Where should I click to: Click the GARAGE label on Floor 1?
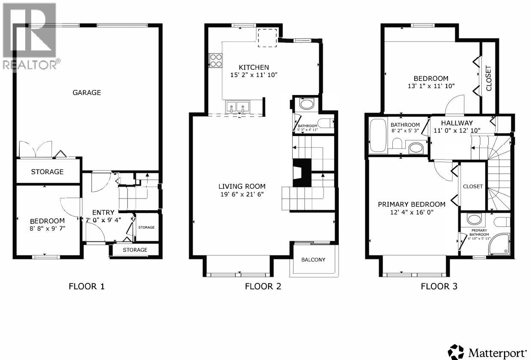pos(86,92)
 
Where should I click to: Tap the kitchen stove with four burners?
pos(215,60)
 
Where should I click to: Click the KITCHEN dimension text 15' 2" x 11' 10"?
pos(254,75)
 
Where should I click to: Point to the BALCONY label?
pos(313,259)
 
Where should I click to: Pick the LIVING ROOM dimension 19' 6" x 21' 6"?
pos(242,194)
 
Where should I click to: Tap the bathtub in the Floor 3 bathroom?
pos(378,135)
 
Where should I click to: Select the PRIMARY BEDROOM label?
pos(411,204)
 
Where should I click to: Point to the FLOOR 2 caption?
pos(263,286)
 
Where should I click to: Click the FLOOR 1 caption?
pos(86,286)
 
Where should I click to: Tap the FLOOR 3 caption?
pos(439,286)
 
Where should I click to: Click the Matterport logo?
pos(487,353)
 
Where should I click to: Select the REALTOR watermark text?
pos(31,65)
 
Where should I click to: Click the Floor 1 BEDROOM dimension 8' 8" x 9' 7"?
pos(47,228)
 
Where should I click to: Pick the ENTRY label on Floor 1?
pos(103,212)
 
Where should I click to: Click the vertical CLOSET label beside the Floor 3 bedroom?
pos(489,77)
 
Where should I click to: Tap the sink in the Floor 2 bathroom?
pos(306,104)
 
